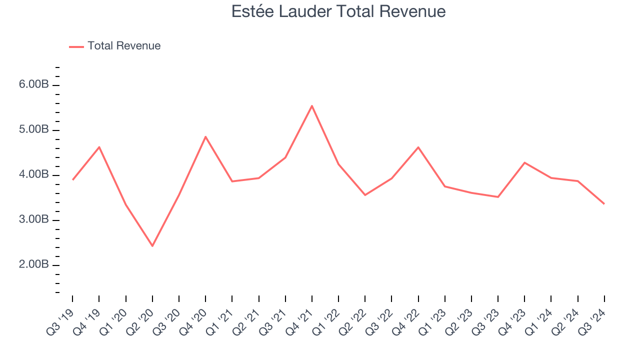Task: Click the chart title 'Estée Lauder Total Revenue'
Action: [338, 11]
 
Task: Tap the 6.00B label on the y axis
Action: [34, 84]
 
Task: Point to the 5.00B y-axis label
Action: [34, 129]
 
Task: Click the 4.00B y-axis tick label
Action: [34, 174]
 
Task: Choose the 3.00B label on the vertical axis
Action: [34, 219]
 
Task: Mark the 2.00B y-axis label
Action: [34, 264]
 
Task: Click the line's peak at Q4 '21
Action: [312, 106]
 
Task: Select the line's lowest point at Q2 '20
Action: [152, 246]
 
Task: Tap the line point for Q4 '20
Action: [205, 136]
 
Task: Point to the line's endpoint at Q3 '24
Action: [604, 203]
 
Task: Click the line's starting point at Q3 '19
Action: [73, 179]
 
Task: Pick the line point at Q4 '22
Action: [418, 147]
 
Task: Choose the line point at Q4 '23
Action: [524, 162]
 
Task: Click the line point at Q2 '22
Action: [365, 195]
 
